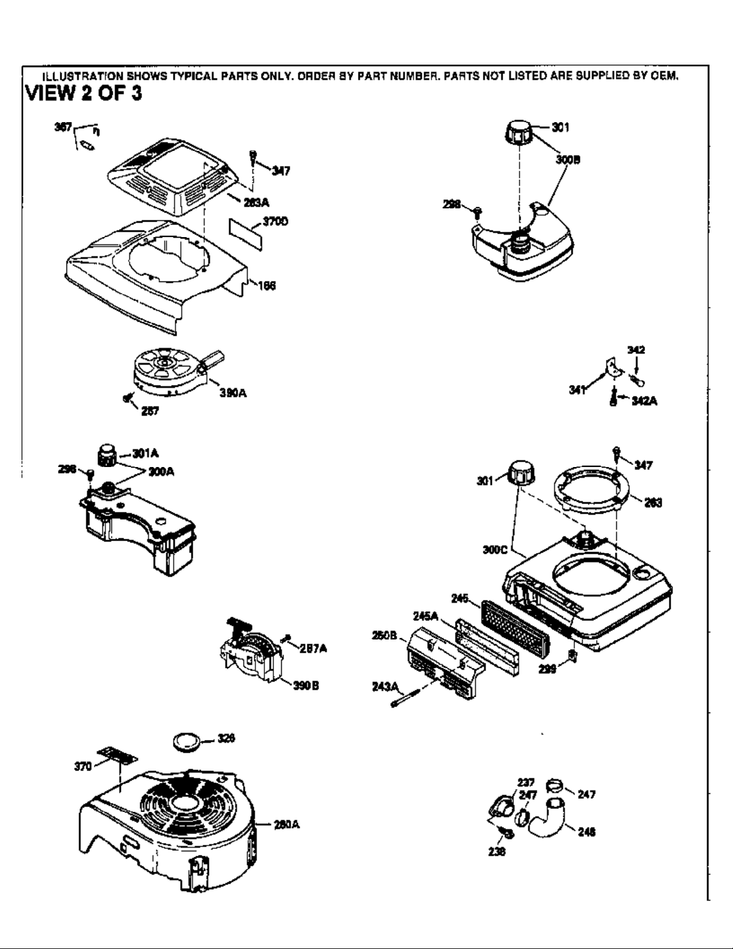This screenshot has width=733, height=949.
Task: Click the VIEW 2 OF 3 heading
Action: pyautogui.click(x=83, y=95)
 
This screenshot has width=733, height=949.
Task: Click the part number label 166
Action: pyautogui.click(x=266, y=286)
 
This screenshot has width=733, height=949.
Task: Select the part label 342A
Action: pyautogui.click(x=644, y=401)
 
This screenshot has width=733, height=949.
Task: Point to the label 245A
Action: pyautogui.click(x=425, y=616)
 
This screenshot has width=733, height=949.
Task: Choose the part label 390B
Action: pyautogui.click(x=305, y=686)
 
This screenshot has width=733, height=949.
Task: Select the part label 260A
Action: pyautogui.click(x=286, y=824)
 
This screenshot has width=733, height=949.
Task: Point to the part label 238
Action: pyautogui.click(x=497, y=851)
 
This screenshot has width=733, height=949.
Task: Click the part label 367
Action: pyautogui.click(x=63, y=128)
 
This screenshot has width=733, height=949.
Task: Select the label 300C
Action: pyautogui.click(x=495, y=550)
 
